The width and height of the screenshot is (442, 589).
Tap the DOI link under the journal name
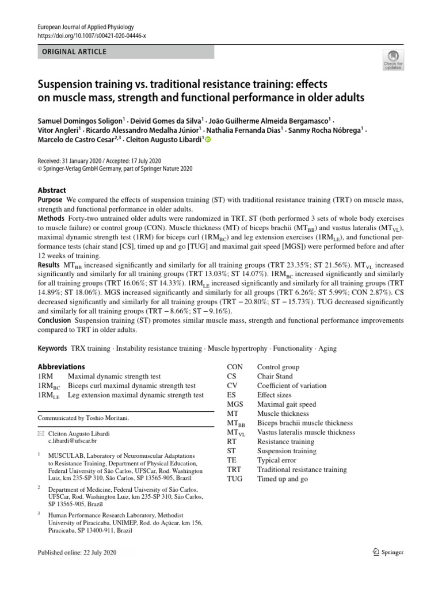tap(92, 36)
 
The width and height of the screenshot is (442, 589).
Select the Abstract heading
tap(52, 190)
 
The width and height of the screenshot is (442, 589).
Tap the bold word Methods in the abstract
tap(51, 219)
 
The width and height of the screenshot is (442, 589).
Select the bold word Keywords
tap(52, 349)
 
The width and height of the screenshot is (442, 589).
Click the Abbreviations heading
tap(61, 367)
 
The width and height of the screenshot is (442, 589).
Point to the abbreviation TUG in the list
tap(235, 479)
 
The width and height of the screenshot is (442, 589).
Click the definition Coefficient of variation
tap(291, 386)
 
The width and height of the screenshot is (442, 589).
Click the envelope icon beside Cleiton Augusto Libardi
tap(41, 431)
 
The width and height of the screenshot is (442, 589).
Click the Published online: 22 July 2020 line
tap(77, 552)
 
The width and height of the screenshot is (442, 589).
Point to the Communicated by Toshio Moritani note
tap(83, 418)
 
